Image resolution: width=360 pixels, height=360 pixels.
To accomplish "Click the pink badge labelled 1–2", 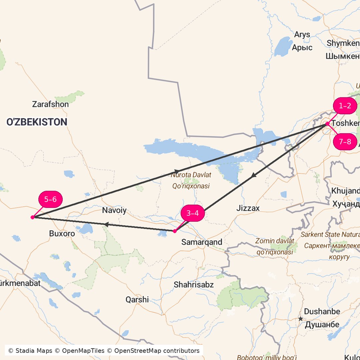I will [x=345, y=106].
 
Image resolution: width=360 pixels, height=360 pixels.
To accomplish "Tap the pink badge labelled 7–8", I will [x=345, y=142].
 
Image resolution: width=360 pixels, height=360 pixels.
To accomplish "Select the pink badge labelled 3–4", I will [x=193, y=213].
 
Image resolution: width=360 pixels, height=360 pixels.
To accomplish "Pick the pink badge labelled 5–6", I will [x=50, y=200].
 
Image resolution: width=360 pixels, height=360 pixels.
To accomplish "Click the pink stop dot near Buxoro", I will [x=33, y=217].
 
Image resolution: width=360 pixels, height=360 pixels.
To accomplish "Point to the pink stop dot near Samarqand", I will [x=175, y=231].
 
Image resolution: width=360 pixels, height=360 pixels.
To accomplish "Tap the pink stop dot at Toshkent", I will [x=327, y=124].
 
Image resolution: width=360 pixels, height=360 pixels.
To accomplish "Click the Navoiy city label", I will [x=114, y=210].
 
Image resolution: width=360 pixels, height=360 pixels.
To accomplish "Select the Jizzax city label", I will [x=248, y=208].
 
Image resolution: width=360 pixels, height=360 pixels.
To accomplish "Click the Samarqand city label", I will [x=202, y=242].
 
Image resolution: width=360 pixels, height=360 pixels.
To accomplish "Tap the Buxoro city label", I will [x=62, y=233].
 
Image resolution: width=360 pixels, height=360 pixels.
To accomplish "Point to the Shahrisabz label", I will [x=194, y=285].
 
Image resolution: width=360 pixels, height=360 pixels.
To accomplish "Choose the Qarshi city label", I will [x=137, y=299].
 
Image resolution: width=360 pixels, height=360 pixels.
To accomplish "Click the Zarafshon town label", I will [x=50, y=104].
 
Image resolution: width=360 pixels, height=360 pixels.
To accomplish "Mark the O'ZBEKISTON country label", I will [x=37, y=122].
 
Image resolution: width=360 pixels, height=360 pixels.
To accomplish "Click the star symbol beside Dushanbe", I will [x=301, y=319].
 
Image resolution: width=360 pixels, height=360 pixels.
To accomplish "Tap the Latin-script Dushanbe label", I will [x=322, y=312].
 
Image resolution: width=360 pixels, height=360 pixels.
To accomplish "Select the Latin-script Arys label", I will [x=302, y=35].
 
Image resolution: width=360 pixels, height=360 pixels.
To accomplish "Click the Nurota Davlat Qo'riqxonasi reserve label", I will [x=191, y=180].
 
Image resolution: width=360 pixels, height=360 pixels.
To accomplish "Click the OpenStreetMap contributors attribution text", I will [x=157, y=351].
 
